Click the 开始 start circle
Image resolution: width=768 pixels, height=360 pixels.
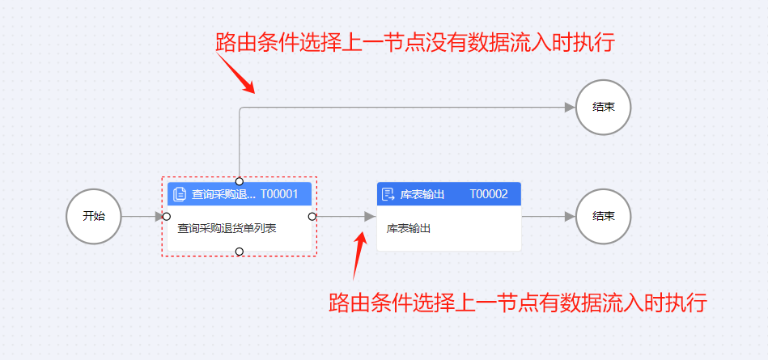93,217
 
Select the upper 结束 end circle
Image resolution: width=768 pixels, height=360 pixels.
603,107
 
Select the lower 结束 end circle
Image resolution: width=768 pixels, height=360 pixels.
603,217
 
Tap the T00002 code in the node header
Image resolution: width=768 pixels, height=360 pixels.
489,194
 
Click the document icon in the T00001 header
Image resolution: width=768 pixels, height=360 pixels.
180,194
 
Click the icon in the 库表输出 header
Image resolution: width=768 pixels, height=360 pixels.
388,194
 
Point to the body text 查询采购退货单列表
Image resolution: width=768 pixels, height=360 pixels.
227,228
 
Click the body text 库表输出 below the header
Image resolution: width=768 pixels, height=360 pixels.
409,228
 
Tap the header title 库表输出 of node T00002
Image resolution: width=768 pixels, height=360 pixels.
422,194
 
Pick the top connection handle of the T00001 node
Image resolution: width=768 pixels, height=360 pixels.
239,180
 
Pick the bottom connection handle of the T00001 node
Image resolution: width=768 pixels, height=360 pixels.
239,252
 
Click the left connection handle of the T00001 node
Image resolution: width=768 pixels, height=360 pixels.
166,217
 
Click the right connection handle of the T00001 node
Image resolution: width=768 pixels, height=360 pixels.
312,217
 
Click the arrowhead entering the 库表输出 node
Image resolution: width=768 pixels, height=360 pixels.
370,217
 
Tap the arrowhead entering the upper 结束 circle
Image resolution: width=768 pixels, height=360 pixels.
570,107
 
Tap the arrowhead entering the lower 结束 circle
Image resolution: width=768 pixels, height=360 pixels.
570,217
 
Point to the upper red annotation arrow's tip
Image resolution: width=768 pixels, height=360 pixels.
254,92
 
